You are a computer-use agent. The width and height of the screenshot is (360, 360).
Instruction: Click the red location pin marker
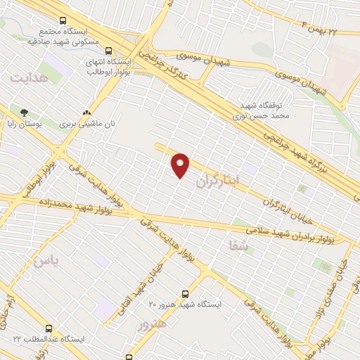point(181,165)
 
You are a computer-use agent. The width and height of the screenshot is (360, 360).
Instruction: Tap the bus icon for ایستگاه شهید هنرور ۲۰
point(185,293)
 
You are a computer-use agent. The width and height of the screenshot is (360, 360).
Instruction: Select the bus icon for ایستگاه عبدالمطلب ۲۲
point(49,328)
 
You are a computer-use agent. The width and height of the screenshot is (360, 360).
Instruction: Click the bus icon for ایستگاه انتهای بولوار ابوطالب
point(109,51)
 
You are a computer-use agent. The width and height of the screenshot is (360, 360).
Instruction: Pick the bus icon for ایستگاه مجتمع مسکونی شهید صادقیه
point(63,21)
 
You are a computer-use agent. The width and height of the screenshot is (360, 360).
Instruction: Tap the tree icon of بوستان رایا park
point(25,112)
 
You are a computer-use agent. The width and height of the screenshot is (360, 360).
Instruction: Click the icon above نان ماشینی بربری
point(86,112)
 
